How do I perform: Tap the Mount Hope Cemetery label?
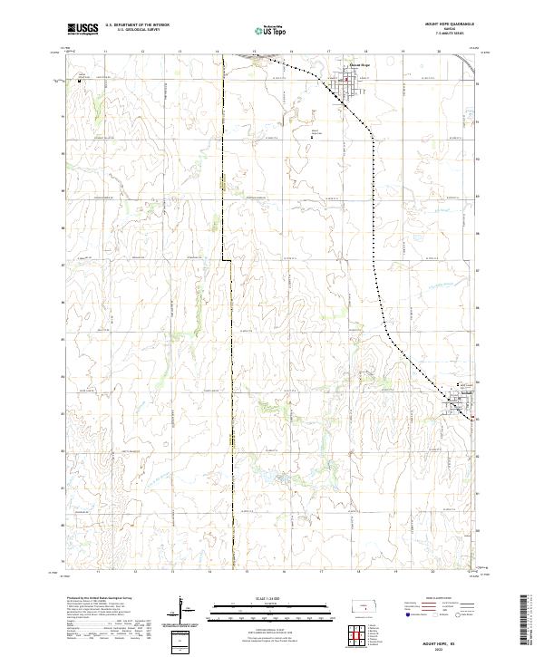316,131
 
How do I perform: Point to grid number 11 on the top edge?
106,53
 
